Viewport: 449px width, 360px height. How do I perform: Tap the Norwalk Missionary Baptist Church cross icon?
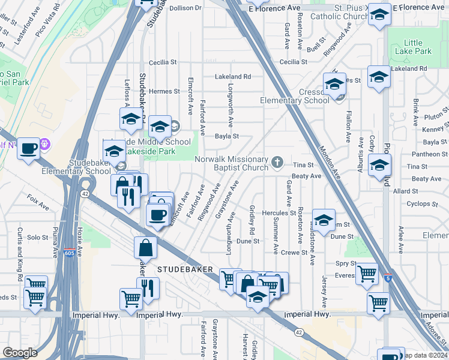click(277, 161)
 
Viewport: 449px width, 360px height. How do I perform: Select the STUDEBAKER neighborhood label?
click(185, 270)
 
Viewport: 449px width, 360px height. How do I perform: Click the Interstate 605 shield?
click(69, 252)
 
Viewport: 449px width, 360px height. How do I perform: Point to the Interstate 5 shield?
click(389, 278)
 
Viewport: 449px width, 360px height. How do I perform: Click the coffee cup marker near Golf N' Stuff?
click(29, 148)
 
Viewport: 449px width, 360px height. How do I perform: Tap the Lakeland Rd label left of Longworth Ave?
click(233, 77)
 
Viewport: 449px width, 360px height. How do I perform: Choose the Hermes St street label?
click(164, 91)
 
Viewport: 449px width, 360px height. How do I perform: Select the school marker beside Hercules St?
click(324, 220)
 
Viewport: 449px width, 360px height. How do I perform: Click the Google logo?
click(20, 352)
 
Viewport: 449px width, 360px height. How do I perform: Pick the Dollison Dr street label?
click(185, 8)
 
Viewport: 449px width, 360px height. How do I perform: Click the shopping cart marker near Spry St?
click(366, 274)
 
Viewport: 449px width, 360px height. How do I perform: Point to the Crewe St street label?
click(294, 253)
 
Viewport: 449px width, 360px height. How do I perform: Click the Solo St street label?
click(37, 238)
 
